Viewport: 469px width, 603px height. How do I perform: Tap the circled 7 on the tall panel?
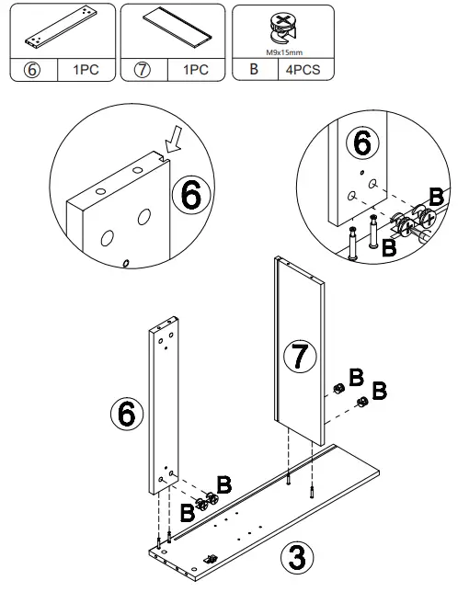299,358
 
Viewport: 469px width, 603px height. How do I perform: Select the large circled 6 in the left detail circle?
194,196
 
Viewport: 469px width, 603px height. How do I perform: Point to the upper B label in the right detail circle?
437,197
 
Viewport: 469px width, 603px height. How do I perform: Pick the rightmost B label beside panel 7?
379,384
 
